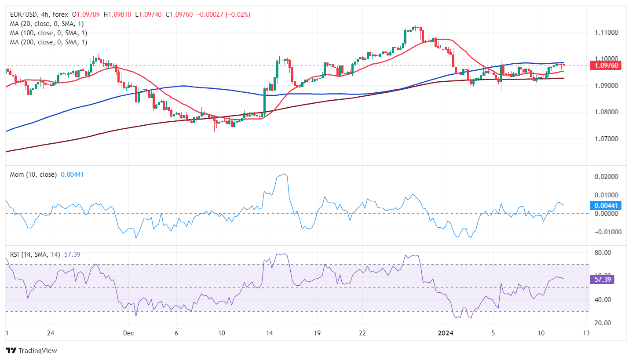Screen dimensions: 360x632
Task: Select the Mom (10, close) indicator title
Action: (x=33, y=175)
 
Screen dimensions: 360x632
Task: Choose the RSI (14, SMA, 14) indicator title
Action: (x=35, y=254)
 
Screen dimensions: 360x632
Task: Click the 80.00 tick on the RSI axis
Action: (x=601, y=253)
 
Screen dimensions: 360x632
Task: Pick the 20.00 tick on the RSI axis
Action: (x=601, y=323)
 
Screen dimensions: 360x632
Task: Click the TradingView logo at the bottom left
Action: (x=31, y=351)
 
